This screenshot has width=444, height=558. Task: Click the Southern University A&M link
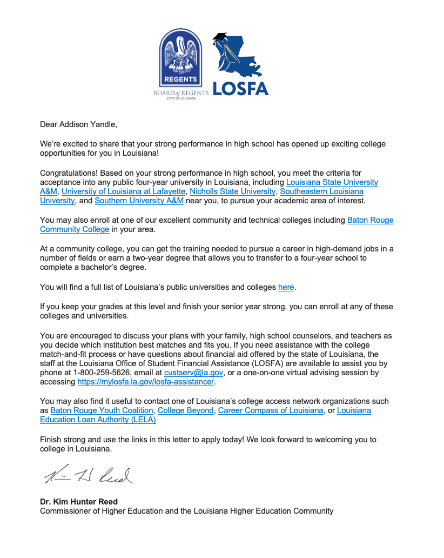139,201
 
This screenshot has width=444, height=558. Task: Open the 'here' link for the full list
286,287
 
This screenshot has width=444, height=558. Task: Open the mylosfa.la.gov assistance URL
146,382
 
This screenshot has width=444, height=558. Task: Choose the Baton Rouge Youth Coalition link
102,410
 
